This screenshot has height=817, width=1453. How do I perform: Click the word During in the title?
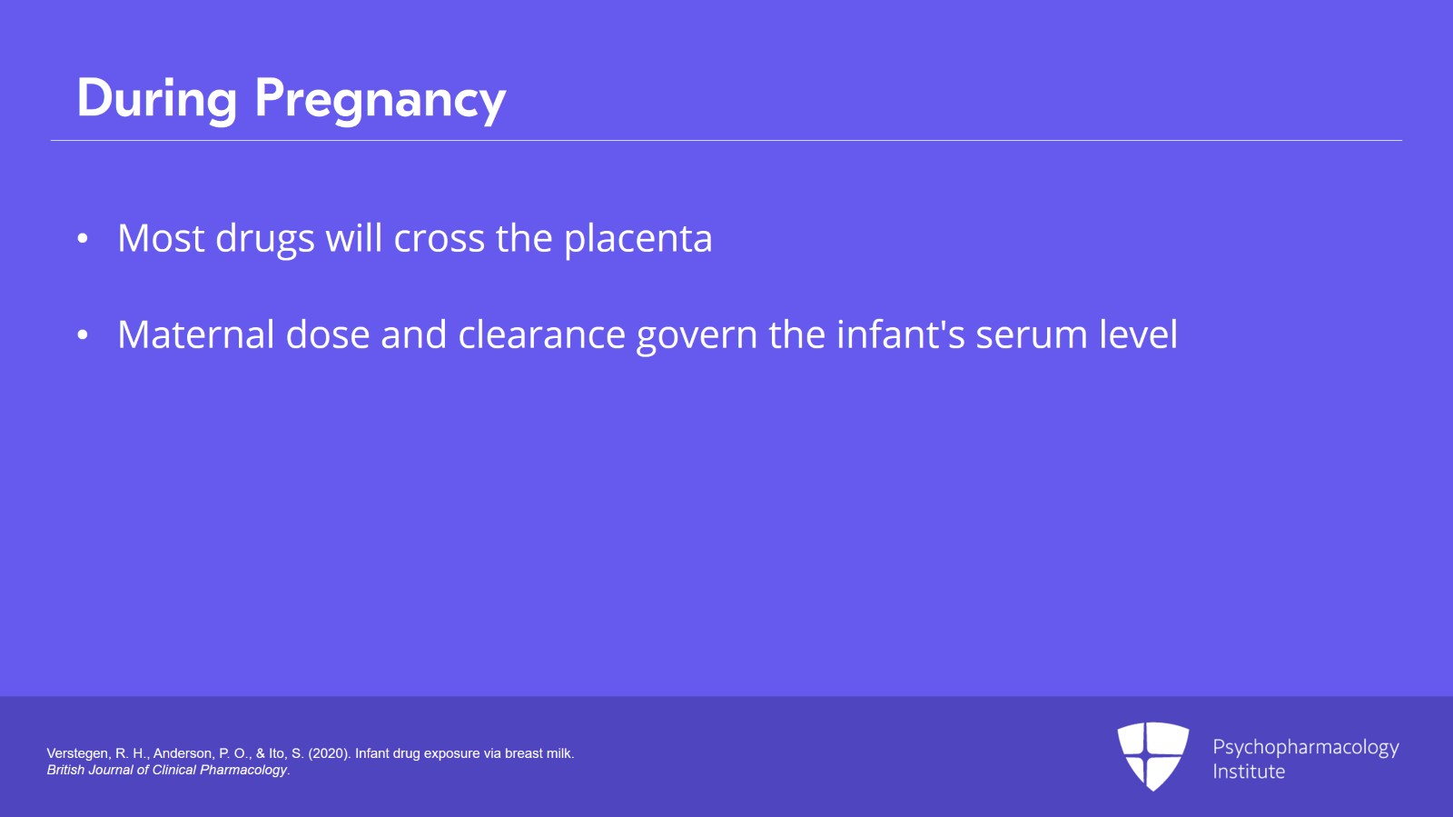pos(156,98)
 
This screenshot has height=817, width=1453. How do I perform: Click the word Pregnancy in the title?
pos(380,100)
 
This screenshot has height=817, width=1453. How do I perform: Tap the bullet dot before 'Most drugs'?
pos(83,239)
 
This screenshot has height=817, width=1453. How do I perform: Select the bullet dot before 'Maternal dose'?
pos(83,335)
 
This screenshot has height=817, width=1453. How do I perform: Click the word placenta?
pos(638,239)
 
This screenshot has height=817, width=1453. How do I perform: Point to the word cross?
pos(439,239)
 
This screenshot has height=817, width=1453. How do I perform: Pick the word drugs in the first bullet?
pos(264,240)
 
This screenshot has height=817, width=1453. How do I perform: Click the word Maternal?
pos(196,334)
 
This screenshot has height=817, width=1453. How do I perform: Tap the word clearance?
pos(541,334)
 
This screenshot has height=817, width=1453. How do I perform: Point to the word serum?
pos(1032,335)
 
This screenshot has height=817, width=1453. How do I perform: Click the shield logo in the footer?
pos(1152,755)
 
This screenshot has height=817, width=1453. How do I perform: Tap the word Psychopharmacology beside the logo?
pos(1305,747)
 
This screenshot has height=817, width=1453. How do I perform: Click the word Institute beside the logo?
pos(1249,772)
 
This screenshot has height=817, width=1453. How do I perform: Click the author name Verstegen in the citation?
pos(76,753)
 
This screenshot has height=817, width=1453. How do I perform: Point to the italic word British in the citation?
pos(65,770)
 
